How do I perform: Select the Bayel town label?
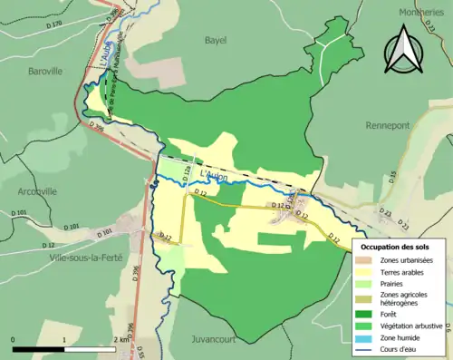(216, 41)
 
